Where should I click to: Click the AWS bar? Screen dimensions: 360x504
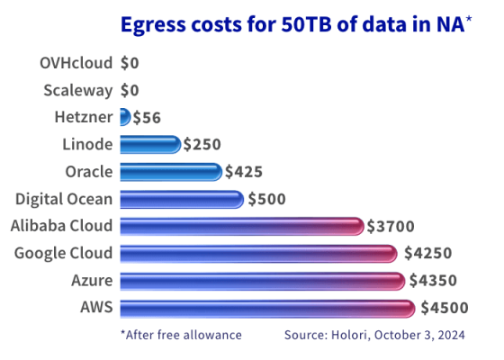point(266,308)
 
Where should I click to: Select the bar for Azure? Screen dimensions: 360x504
point(262,281)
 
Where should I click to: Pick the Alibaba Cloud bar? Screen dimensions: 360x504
point(241,226)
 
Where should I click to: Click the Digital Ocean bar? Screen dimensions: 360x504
point(181,199)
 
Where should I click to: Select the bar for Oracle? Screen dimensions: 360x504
point(170,172)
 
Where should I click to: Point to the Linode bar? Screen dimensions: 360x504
point(149,144)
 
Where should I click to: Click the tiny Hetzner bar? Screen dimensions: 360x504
point(125,117)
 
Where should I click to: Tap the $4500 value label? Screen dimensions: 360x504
point(445,308)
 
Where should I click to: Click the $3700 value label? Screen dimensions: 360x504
point(391,226)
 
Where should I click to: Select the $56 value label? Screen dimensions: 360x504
point(148,117)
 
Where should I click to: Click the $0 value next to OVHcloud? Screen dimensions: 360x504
point(131,63)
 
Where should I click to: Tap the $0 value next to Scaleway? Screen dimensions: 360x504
point(131,90)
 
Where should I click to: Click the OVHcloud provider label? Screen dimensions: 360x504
point(76,63)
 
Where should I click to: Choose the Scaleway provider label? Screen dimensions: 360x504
point(78,90)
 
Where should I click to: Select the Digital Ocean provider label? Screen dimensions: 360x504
point(65,199)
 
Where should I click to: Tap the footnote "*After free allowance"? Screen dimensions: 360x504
point(181,335)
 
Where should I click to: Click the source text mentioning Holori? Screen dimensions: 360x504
point(373,335)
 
